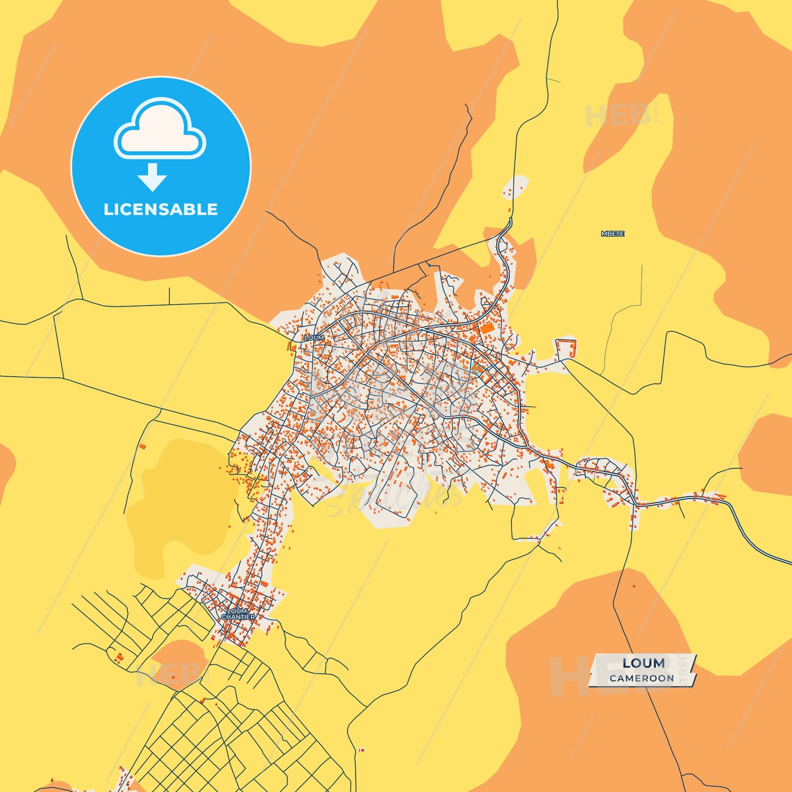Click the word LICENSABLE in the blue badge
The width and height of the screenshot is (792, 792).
coord(161,209)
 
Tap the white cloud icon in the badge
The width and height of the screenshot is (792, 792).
coord(160,129)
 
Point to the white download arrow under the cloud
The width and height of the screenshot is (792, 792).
coord(152,177)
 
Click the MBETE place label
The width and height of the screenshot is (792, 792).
coord(613,234)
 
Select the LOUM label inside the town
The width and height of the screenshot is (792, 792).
coord(314,338)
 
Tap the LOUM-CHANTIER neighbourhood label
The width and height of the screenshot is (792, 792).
coord(238,614)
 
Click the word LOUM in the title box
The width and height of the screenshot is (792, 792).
coord(643,663)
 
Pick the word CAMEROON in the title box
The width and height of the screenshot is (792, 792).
coord(642,679)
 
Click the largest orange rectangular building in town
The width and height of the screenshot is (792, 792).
coord(486,328)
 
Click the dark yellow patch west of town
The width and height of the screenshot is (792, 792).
coord(181,504)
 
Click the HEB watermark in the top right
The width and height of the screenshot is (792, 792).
coord(619,115)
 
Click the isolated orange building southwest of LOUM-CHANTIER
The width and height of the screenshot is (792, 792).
coord(118,657)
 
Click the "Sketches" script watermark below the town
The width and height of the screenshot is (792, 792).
coord(395,493)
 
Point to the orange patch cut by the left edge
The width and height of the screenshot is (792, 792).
coord(5,466)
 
